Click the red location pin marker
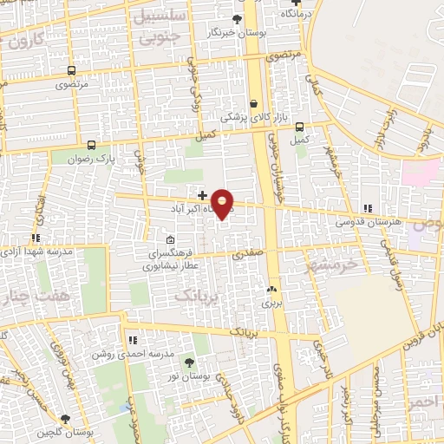point(223,204)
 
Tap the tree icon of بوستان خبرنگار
point(237,18)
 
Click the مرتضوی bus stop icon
point(70,71)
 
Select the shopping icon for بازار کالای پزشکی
point(253,102)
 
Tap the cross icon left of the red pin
point(202,196)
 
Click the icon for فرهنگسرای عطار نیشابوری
point(170,240)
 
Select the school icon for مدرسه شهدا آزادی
point(36,237)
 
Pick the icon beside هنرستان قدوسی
point(368,208)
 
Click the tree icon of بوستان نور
point(189,362)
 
